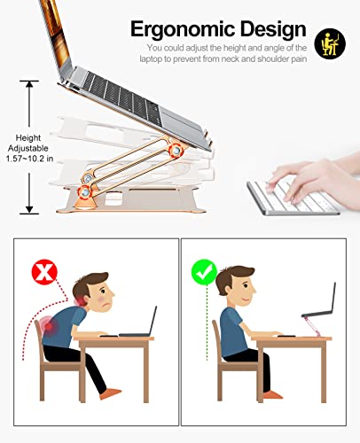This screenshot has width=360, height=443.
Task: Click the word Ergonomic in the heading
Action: point(183,30)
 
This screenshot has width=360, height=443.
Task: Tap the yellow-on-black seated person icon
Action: point(330,43)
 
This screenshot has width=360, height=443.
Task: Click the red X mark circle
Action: point(44,272)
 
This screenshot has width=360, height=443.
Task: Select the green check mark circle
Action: point(204,272)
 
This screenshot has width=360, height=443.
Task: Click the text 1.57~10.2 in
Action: point(29,159)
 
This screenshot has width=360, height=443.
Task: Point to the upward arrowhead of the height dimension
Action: point(29,84)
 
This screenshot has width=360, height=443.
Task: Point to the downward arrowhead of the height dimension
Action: point(29,209)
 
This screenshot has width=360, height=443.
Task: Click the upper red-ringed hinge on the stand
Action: point(176,151)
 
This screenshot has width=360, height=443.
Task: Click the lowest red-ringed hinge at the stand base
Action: point(85,192)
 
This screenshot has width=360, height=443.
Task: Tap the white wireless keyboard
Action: point(293,198)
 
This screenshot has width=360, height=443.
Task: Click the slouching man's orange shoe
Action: point(110,394)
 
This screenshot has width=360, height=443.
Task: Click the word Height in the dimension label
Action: point(28,138)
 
